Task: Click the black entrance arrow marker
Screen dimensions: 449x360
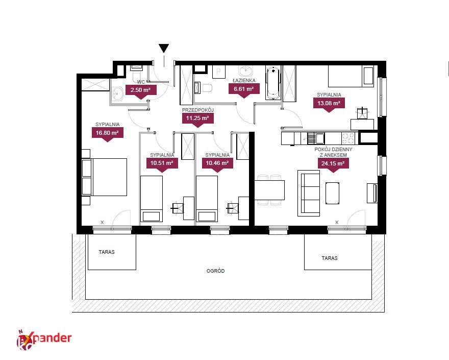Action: point(164,49)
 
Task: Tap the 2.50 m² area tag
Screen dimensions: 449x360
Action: point(141,91)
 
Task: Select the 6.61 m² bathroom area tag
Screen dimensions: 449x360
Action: point(244,90)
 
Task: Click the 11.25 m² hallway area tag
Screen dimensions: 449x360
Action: point(197,119)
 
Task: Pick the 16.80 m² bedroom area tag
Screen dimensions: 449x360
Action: point(107,134)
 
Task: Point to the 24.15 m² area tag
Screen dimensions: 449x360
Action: point(333,165)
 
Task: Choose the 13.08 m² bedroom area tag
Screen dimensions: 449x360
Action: point(329,104)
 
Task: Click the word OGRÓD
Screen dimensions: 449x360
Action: point(216,271)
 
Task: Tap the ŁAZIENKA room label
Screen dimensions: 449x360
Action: point(244,81)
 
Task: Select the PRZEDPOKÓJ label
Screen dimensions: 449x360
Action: point(198,110)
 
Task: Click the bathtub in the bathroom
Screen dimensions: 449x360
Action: point(273,83)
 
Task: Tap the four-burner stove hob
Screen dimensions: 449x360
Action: point(348,138)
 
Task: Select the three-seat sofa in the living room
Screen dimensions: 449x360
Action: point(309,193)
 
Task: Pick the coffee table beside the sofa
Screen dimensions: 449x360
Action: point(333,193)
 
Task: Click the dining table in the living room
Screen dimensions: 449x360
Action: point(269,190)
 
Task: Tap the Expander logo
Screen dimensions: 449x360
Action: point(44,340)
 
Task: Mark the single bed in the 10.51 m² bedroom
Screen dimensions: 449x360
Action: point(152,199)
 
